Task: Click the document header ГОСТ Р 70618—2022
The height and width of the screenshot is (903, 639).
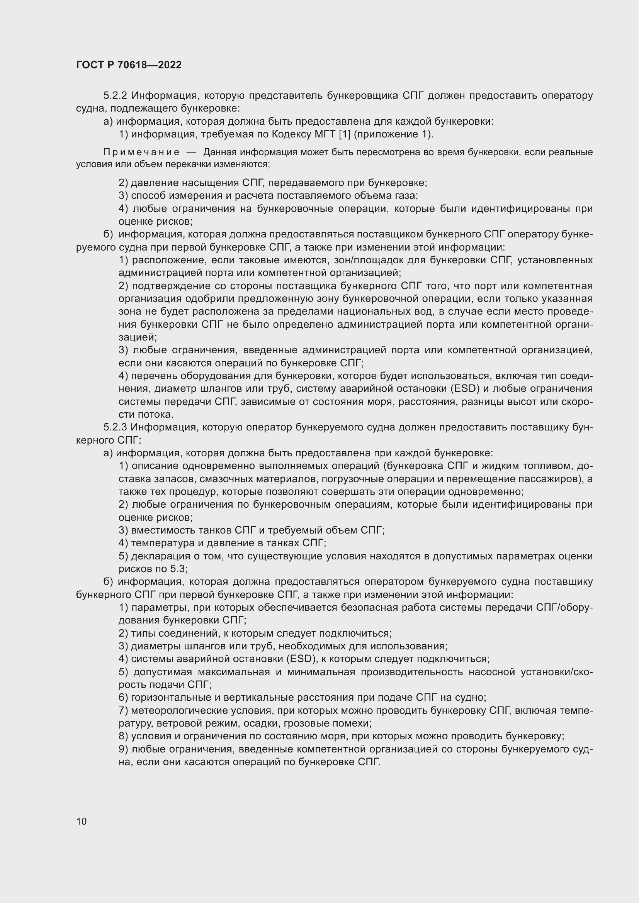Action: click(129, 65)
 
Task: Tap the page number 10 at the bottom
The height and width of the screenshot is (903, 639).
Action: click(82, 821)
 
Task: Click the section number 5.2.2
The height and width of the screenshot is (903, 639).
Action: click(115, 96)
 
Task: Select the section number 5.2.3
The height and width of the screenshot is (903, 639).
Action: click(115, 427)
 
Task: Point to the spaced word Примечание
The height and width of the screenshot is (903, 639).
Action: click(141, 152)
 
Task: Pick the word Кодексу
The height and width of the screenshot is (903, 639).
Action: click(292, 134)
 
